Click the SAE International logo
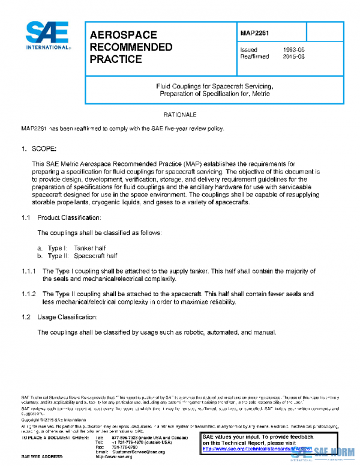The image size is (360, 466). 47,36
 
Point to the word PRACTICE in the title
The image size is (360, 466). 116,59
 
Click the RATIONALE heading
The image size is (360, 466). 179,114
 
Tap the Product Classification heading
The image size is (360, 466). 69,217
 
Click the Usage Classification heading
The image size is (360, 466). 66,316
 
